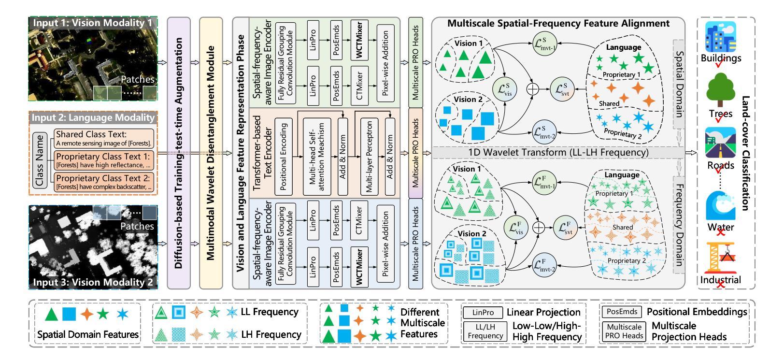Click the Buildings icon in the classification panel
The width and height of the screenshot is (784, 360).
(x=721, y=37)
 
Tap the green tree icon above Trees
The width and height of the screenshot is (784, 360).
(x=721, y=91)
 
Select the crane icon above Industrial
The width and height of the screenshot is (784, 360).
(x=720, y=258)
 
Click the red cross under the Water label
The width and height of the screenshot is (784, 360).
(x=721, y=232)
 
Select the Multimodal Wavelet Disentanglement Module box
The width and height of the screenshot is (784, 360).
(x=211, y=153)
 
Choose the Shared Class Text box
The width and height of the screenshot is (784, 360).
(x=103, y=138)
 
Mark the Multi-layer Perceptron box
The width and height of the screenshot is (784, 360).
(x=369, y=156)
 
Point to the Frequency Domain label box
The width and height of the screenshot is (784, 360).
(x=679, y=225)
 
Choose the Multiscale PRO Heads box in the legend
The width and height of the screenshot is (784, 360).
(x=624, y=331)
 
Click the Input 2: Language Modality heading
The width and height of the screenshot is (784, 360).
(x=93, y=117)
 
